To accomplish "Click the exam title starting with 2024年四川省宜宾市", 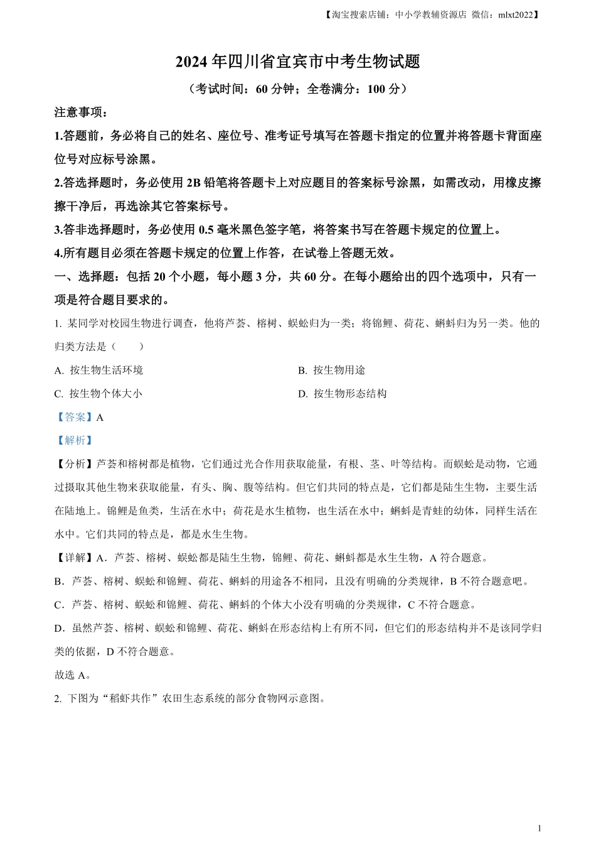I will (297, 62).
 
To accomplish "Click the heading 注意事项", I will (82, 112).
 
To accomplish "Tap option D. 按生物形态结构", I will (342, 394).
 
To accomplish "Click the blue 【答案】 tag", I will (75, 417).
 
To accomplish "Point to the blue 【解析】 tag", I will (75, 441).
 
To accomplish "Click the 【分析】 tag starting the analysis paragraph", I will (75, 464).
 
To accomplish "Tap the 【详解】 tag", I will (75, 558).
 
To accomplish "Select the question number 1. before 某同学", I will (58, 323).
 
